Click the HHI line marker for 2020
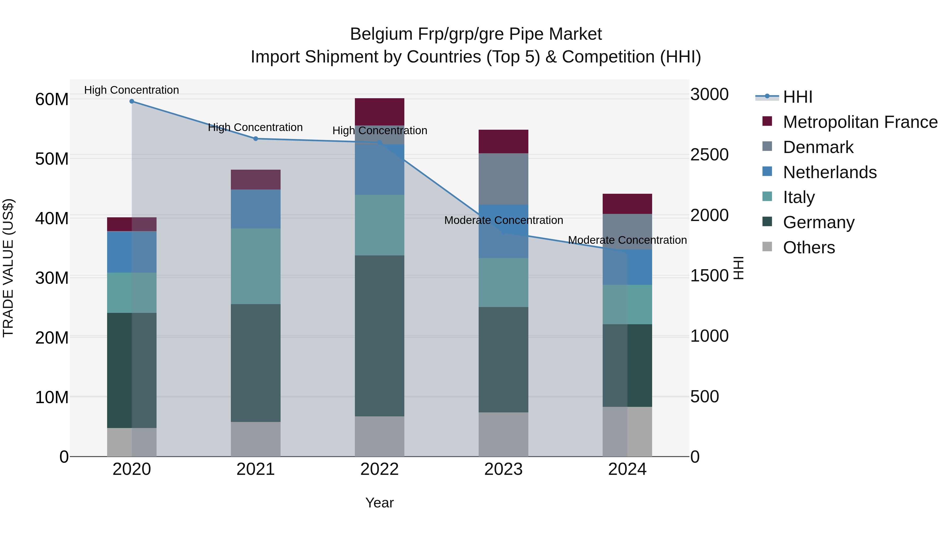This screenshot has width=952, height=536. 132,101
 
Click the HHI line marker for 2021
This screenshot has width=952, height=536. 255,139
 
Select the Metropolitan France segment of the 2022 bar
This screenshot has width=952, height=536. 379,112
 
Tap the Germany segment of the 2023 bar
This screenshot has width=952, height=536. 503,359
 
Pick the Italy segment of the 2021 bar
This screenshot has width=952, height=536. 255,266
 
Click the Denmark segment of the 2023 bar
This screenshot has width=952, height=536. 503,179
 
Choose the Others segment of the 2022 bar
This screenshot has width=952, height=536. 379,436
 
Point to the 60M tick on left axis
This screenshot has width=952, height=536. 52,100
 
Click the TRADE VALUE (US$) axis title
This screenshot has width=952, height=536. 8,268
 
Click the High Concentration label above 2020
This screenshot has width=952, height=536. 132,90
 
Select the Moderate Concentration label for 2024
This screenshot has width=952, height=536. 627,240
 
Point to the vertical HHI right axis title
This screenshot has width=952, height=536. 738,268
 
